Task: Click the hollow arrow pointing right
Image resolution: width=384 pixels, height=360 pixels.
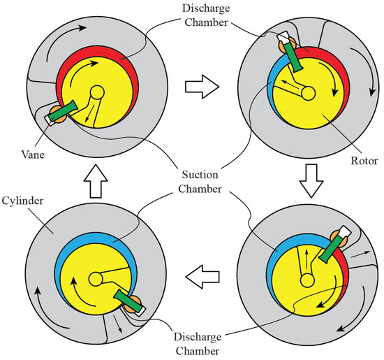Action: [x=199, y=89]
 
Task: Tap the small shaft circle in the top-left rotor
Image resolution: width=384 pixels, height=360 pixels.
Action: [x=96, y=92]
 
